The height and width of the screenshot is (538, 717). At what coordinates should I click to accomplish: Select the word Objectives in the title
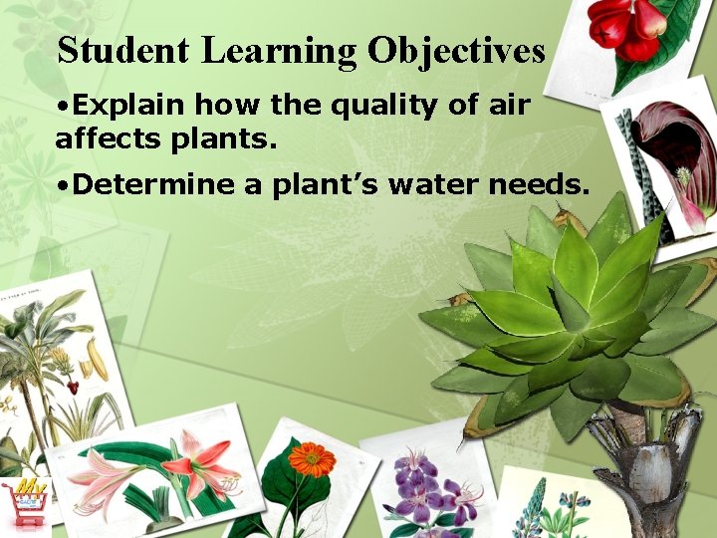coord(456,51)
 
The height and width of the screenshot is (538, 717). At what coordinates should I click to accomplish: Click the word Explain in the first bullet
coord(129,105)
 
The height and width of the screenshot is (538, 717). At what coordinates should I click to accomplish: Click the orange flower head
coord(312,458)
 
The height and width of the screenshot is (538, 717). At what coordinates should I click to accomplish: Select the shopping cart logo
coord(29,498)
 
